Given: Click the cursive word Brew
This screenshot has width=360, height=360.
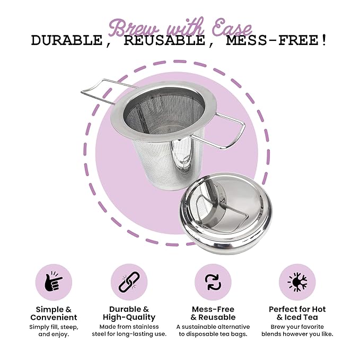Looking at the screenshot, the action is [x=134, y=28].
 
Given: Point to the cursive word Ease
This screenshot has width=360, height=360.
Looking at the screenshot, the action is [x=232, y=29].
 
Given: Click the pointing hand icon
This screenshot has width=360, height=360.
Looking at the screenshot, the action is [x=53, y=282].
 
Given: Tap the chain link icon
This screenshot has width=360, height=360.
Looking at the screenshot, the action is [x=129, y=282].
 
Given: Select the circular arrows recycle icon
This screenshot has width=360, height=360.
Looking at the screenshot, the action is [x=213, y=283].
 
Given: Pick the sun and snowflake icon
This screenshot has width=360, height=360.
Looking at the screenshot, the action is [x=297, y=282].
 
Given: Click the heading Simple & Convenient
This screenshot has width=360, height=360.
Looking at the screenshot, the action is [x=54, y=313].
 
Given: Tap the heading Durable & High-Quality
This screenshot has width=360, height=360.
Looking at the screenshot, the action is [x=129, y=313].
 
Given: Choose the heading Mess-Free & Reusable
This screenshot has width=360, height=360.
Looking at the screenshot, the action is [x=213, y=313].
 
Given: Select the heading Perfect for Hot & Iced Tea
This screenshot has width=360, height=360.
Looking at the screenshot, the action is [x=297, y=313].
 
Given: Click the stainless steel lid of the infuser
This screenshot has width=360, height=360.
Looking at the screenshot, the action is [x=226, y=213].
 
